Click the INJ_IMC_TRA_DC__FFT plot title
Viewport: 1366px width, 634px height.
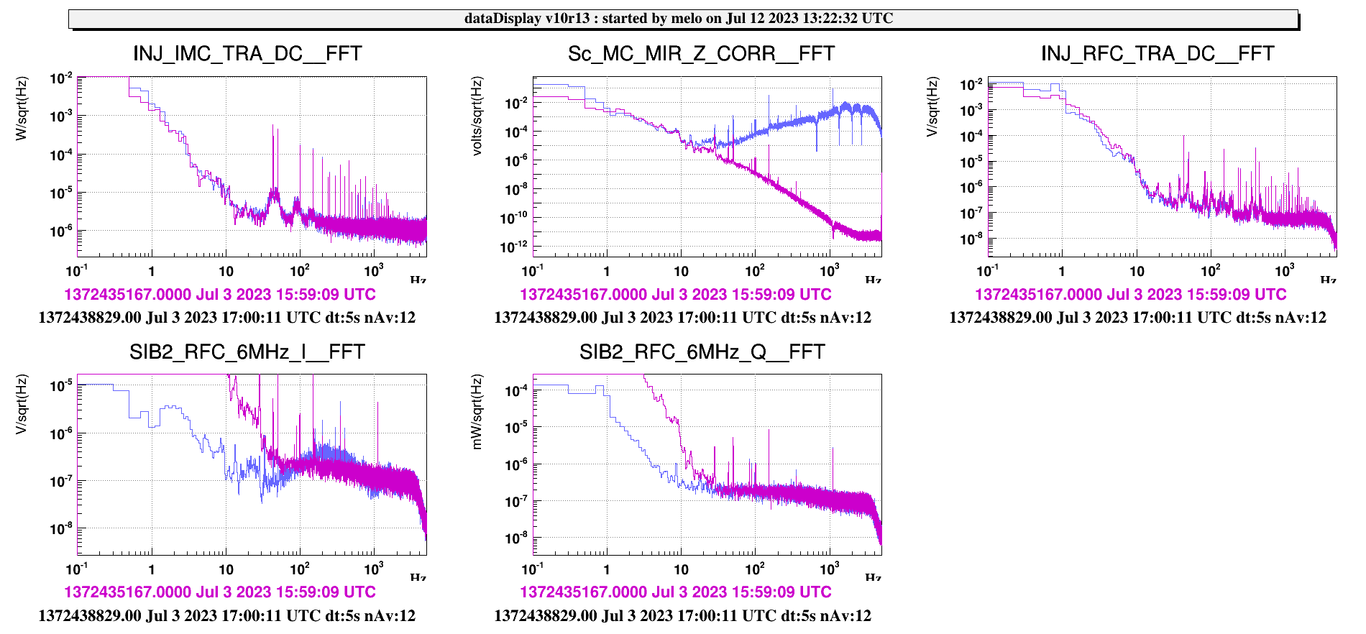point(247,54)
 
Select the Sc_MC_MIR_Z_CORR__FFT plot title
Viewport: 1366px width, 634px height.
point(701,54)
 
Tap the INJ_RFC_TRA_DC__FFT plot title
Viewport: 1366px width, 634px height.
point(1158,54)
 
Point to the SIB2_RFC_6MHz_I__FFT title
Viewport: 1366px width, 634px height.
point(247,352)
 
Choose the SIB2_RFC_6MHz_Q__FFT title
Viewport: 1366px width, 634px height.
point(702,352)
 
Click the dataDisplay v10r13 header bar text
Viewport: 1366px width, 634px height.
point(679,19)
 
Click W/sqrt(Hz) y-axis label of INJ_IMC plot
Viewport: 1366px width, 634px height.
point(22,108)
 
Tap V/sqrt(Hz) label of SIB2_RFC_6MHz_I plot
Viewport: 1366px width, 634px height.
point(22,404)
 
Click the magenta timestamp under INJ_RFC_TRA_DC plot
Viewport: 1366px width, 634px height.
point(1130,295)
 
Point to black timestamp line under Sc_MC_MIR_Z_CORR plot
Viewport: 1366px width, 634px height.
point(682,318)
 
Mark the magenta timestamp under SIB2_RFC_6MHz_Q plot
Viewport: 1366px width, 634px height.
point(675,592)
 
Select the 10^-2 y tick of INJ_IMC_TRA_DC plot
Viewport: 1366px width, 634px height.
point(60,78)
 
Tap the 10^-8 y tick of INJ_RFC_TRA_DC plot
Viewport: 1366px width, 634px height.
point(971,239)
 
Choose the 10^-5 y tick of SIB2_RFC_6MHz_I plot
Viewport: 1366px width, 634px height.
point(60,387)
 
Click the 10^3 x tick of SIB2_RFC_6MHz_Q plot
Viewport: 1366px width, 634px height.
point(830,569)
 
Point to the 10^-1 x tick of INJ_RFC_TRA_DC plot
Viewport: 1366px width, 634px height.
point(987,271)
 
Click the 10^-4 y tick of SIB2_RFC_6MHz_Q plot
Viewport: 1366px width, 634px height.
point(516,391)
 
